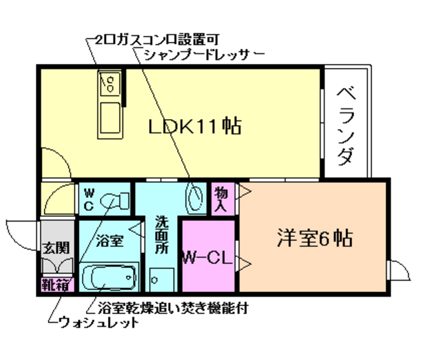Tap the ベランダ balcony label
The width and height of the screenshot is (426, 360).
345,126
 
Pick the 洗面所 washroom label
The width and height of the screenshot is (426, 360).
162,234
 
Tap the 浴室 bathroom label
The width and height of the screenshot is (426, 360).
108,240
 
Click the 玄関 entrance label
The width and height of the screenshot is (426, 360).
56,248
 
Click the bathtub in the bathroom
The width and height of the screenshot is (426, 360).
108,277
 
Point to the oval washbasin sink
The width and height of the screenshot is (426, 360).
196,198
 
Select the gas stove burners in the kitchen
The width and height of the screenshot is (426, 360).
110,84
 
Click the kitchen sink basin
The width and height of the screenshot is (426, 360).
109,116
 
